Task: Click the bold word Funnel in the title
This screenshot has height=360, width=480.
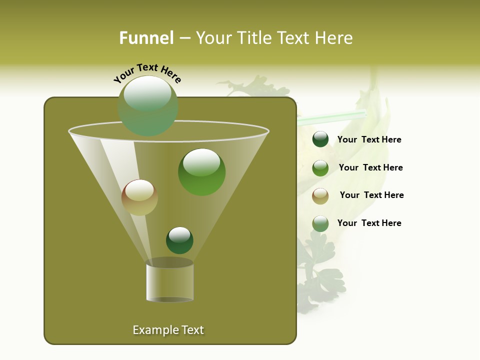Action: tap(146, 38)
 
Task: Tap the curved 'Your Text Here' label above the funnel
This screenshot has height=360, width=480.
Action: tap(147, 73)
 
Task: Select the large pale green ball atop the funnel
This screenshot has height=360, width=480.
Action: tap(148, 105)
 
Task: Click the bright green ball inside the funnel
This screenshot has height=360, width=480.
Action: tap(201, 171)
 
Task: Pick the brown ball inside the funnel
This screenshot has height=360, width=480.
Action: tap(139, 197)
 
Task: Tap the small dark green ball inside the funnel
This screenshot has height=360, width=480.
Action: tap(179, 240)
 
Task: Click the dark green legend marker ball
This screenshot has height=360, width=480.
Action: tap(320, 139)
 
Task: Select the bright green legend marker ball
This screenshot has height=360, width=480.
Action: tap(320, 168)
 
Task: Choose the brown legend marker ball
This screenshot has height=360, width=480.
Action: tap(320, 196)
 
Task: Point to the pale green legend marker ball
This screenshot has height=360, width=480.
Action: tap(320, 223)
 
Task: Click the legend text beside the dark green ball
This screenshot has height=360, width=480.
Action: tap(369, 140)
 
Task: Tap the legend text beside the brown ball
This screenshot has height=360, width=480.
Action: tap(371, 195)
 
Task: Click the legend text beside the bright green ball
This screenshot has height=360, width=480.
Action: tap(370, 167)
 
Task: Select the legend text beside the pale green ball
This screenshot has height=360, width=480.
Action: tap(369, 223)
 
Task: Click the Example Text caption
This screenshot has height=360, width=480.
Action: tap(168, 330)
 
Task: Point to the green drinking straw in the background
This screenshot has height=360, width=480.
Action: tap(330, 118)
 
